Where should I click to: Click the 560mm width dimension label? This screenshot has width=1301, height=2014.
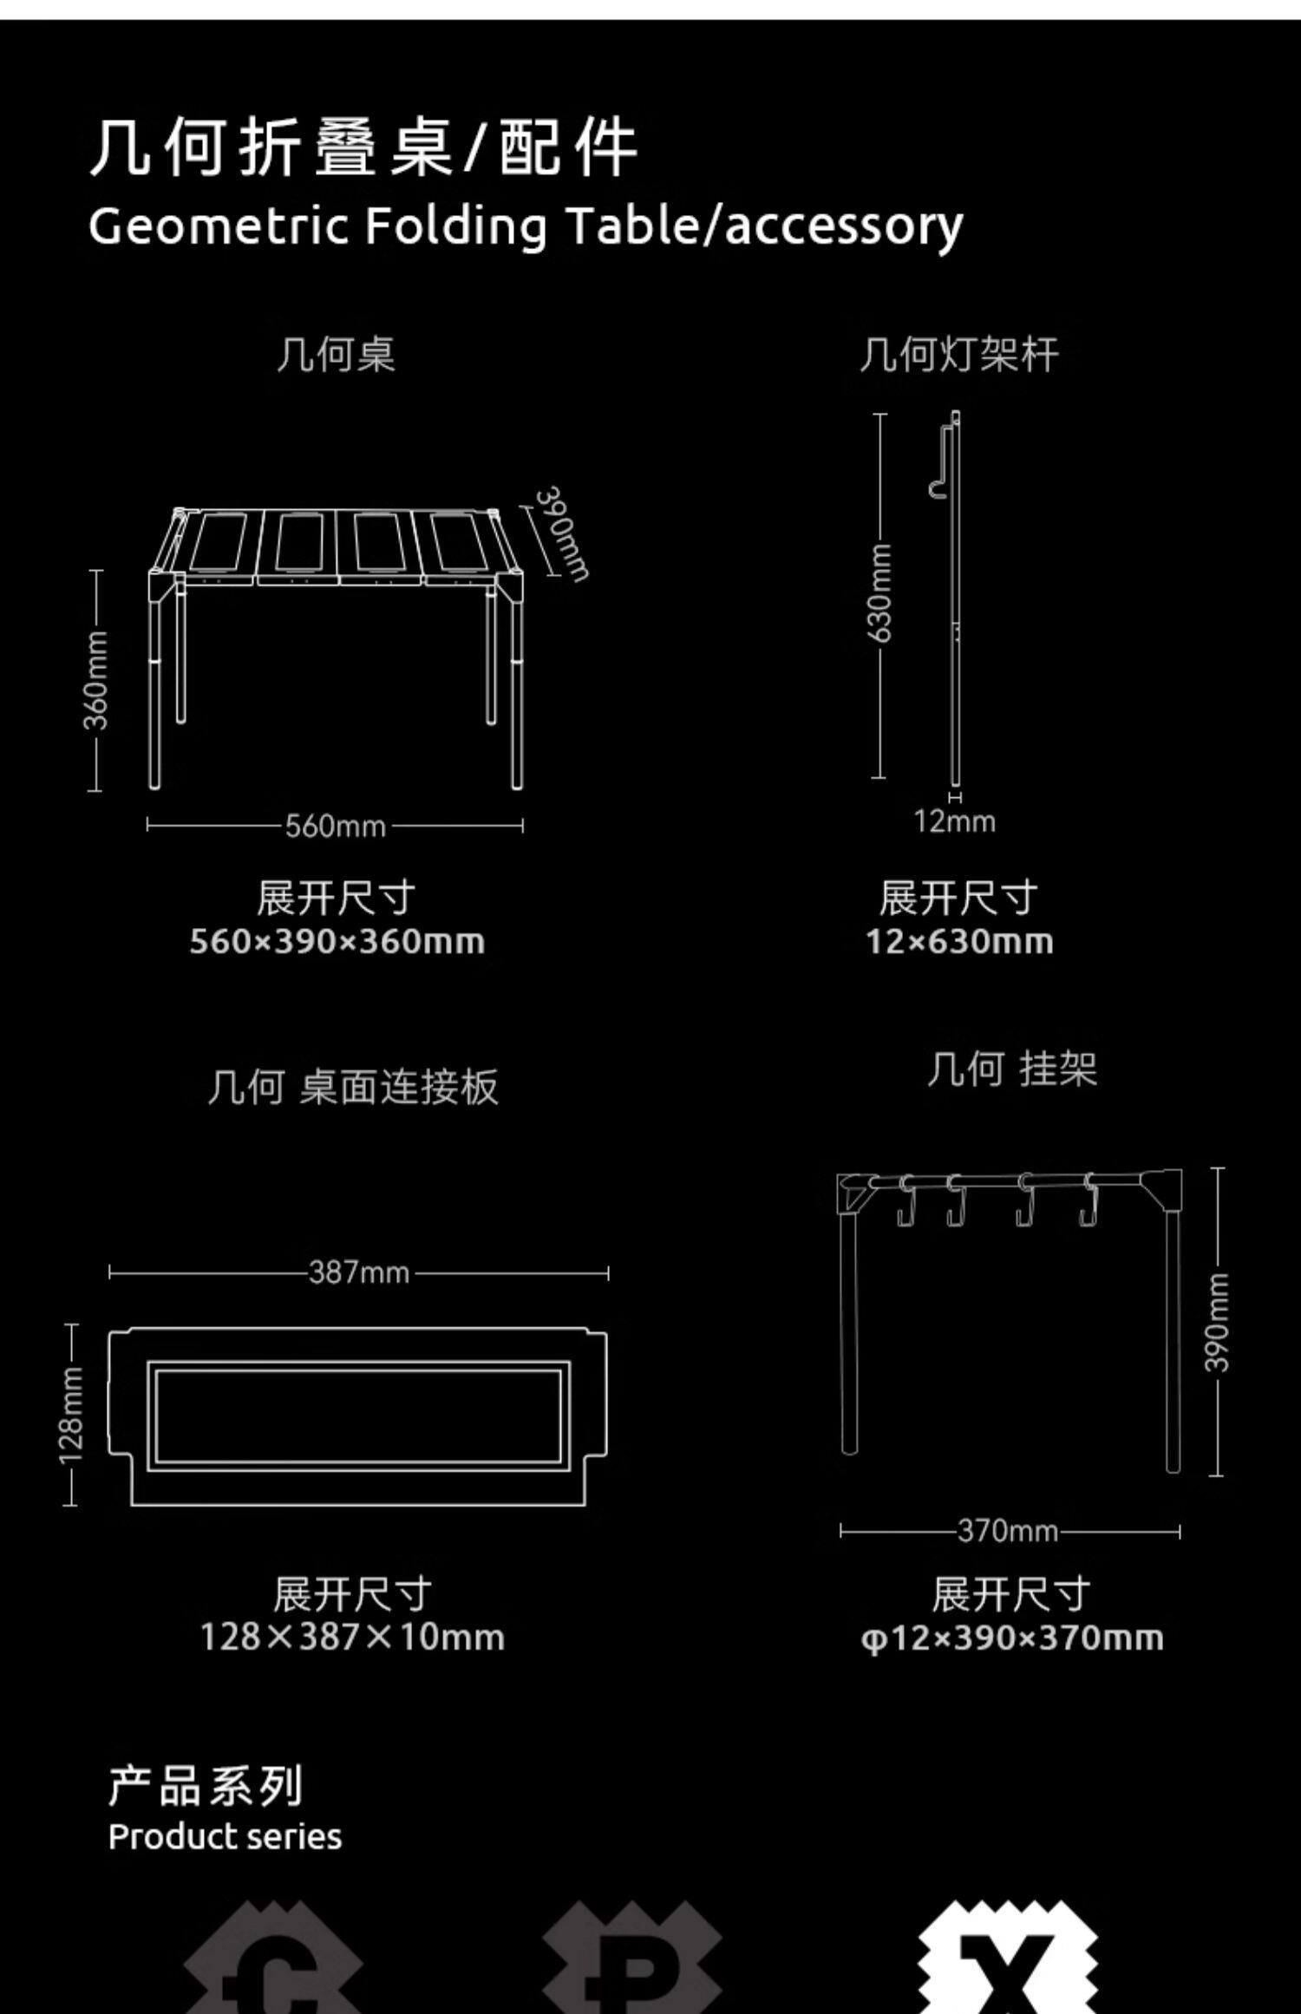pos(336,825)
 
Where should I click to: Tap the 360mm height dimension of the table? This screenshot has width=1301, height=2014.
pos(96,680)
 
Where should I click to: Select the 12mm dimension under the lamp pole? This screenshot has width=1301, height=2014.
pos(954,821)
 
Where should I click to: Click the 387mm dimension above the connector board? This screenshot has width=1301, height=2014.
pos(359,1272)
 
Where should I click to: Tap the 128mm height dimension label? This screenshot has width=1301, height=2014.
pos(71,1415)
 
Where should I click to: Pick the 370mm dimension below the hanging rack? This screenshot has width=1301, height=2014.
pos(1008,1531)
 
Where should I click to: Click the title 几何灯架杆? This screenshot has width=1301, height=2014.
pos(958,355)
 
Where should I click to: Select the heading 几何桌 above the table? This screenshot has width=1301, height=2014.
pos(336,355)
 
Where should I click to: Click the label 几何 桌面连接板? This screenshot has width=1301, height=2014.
pos(353,1087)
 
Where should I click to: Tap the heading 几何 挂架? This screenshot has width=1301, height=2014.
pos(1011,1069)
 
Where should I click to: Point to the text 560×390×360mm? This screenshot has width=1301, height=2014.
pos(337,941)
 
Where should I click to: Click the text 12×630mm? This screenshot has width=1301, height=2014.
pos(959,941)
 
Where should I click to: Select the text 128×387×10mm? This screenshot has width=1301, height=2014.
pos(352,1638)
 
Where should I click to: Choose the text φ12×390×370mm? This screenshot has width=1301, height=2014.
pos(1011,1638)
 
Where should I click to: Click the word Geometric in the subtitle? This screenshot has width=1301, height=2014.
pos(218,226)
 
